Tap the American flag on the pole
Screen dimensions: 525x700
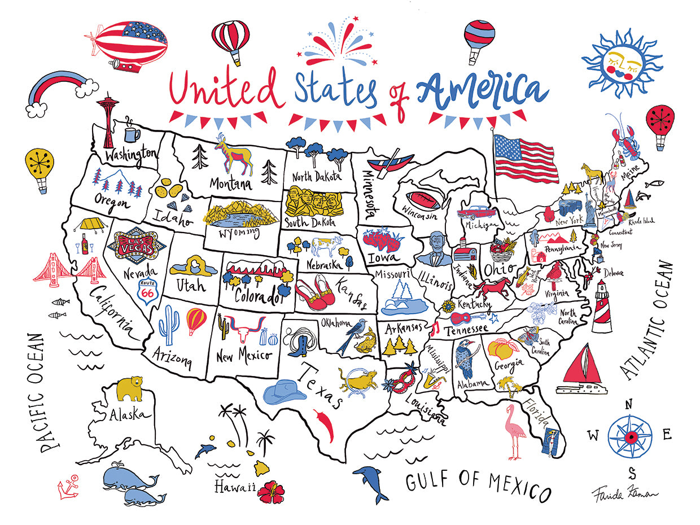525,156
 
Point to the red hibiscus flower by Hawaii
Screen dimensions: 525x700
271,491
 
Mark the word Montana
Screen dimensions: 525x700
230,184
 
